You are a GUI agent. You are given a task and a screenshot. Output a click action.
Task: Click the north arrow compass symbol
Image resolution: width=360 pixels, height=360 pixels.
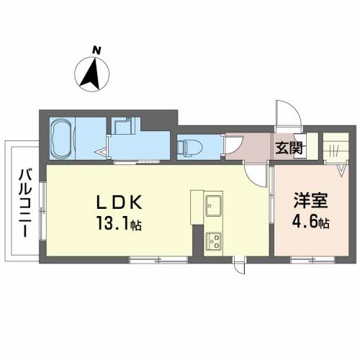(x=92, y=74)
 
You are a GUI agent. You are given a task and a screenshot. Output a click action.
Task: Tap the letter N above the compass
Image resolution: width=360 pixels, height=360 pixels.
(x=96, y=50)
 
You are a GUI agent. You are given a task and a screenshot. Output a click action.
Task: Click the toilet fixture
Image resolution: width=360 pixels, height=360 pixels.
(x=189, y=147)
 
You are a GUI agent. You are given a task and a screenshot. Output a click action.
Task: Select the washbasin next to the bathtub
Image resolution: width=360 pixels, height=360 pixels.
(x=123, y=127)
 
